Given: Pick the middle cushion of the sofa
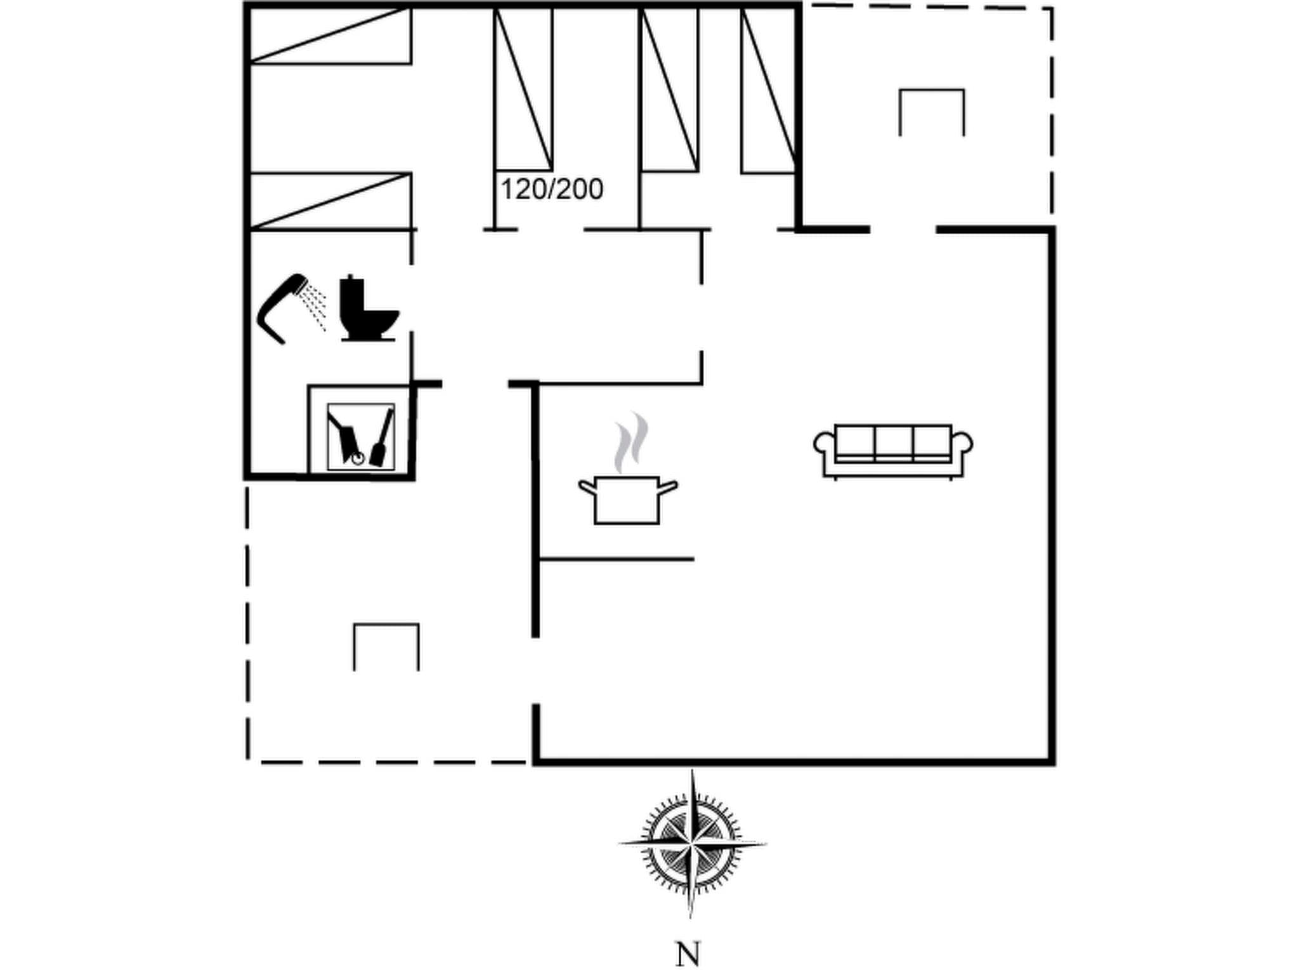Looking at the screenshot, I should (x=893, y=441).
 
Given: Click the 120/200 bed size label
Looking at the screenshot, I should (x=552, y=189).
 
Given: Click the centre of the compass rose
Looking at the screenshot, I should (x=691, y=844).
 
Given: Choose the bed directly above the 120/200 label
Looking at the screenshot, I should (x=523, y=89).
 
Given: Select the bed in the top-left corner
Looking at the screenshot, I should (x=330, y=36).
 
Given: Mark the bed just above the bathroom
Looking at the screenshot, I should (x=330, y=201).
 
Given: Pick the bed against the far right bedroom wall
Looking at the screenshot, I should (x=769, y=89).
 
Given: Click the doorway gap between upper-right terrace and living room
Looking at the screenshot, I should (x=903, y=229).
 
